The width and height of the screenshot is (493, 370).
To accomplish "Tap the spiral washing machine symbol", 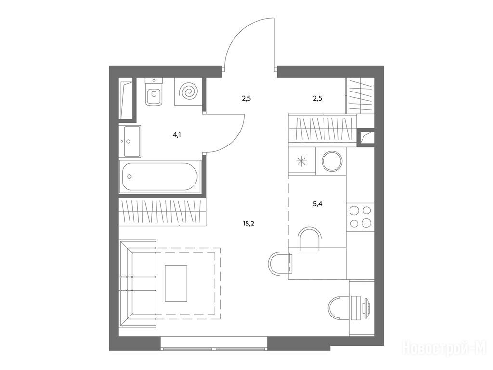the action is tap(188, 92).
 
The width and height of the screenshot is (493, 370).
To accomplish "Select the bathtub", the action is tap(160, 177).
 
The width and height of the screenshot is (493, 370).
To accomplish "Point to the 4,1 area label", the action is tap(177, 135).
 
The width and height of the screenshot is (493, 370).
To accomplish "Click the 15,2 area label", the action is tap(248, 224).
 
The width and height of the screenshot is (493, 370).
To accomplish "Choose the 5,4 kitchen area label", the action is tap(318, 204).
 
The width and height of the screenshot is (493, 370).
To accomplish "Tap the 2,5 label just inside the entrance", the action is tap(246, 98).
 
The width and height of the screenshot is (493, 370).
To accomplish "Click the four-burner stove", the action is tap(360, 216).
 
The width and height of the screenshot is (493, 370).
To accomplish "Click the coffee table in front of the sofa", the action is tap(176, 283).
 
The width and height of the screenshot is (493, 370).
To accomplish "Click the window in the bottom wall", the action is tap(214, 343).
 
